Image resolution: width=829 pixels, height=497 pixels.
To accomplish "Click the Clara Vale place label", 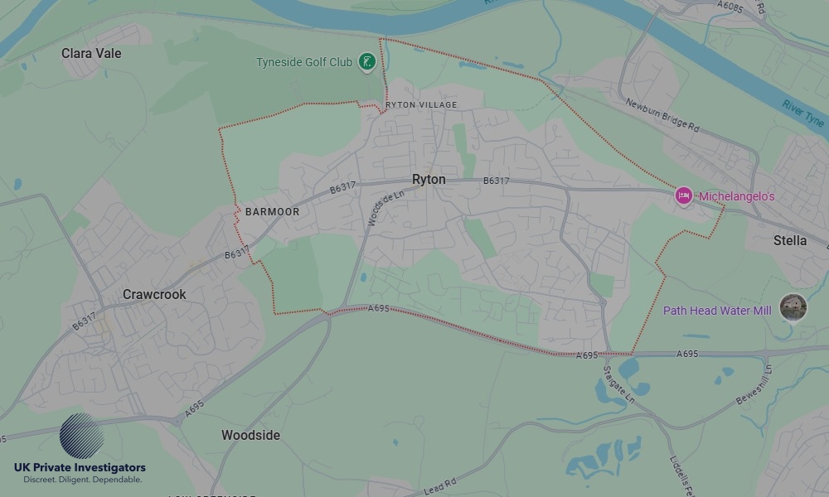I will pyautogui.click(x=91, y=53).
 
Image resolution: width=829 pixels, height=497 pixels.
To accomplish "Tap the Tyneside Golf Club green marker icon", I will pyautogui.click(x=366, y=61).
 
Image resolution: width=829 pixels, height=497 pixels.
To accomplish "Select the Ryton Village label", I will pyautogui.click(x=421, y=105).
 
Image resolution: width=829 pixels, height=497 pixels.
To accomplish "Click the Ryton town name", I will pyautogui.click(x=429, y=180).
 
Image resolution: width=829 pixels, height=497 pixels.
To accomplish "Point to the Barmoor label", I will pyautogui.click(x=272, y=212).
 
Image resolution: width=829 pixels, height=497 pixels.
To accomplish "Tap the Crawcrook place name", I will pyautogui.click(x=154, y=294).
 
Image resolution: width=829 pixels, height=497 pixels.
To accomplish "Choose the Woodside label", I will pyautogui.click(x=250, y=435).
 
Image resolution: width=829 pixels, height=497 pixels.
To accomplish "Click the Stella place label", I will pyautogui.click(x=789, y=241).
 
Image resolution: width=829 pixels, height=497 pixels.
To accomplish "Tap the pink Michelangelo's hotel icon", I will pyautogui.click(x=684, y=195).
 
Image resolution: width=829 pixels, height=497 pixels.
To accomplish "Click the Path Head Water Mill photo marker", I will pyautogui.click(x=793, y=307).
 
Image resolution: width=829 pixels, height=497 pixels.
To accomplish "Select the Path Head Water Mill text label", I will pyautogui.click(x=717, y=311).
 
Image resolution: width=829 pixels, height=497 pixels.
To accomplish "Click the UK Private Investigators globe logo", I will pyautogui.click(x=82, y=436).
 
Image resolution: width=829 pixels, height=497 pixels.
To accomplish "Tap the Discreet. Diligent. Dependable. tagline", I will pyautogui.click(x=82, y=480).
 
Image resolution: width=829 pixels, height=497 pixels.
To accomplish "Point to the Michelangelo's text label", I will pyautogui.click(x=736, y=196).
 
